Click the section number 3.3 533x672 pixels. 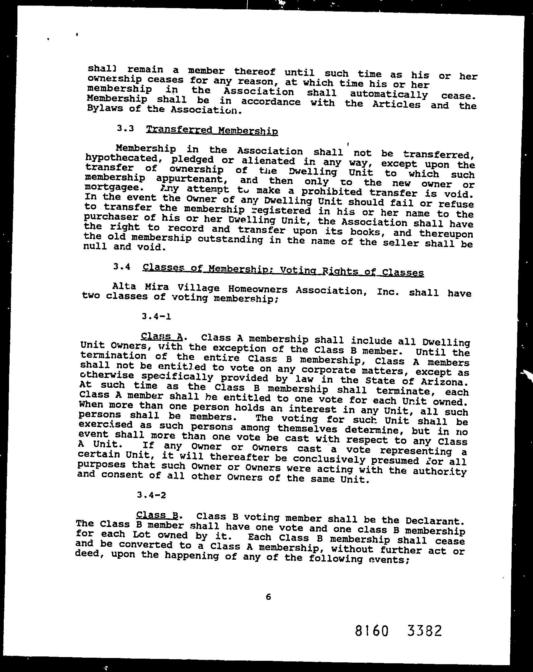coord(125,128)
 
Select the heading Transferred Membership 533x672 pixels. coord(212,130)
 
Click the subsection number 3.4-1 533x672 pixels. coord(156,316)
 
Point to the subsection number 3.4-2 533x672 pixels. coord(151,495)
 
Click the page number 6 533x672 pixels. coord(268,597)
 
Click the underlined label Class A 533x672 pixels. coord(162,336)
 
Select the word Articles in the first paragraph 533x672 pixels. coord(396,105)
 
